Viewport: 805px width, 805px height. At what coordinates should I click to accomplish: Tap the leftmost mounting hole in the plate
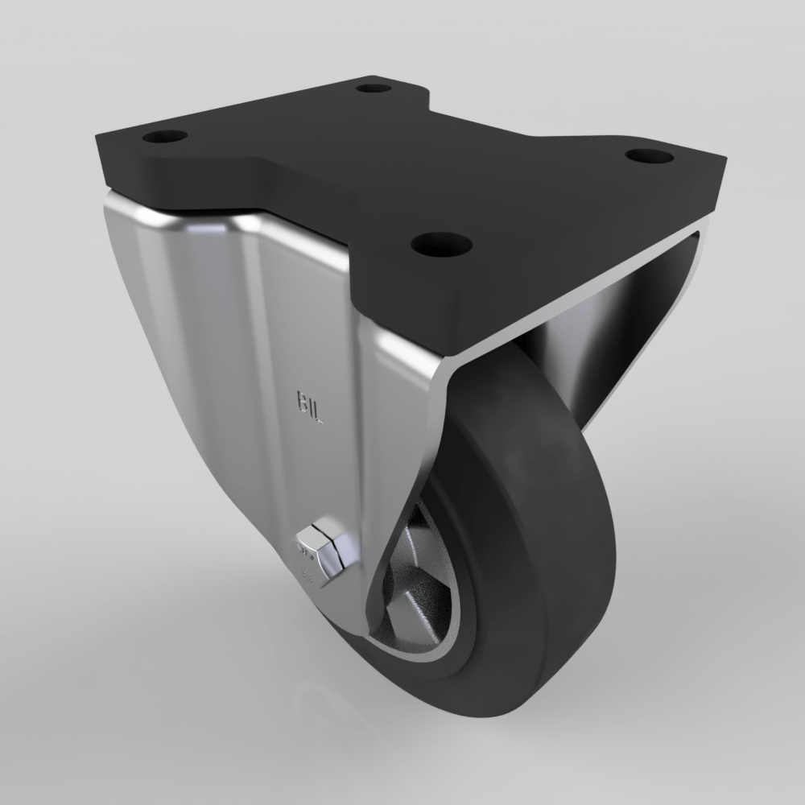[165, 135]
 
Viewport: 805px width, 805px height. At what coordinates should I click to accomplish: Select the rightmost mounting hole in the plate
[650, 155]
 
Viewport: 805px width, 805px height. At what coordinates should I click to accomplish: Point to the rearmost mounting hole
[373, 86]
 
